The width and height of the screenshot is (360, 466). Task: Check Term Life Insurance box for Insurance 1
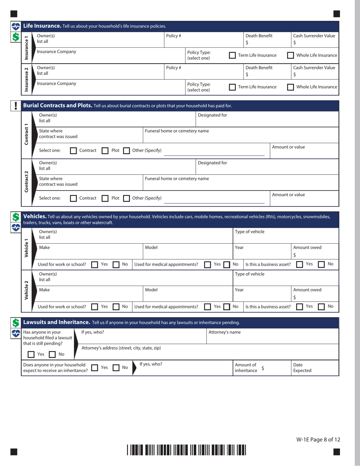[233, 55]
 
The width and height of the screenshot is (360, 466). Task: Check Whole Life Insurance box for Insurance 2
[291, 87]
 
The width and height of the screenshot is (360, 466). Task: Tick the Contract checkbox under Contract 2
[74, 198]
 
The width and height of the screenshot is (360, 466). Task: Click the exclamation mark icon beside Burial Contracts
[16, 106]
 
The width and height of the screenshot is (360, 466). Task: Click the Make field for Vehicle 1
[91, 252]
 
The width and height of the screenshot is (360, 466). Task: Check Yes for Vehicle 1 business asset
[299, 264]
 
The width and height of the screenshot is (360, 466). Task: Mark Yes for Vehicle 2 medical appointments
[208, 307]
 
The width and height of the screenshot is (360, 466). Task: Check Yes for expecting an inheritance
[95, 368]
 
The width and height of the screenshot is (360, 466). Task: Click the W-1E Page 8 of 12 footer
[318, 439]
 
